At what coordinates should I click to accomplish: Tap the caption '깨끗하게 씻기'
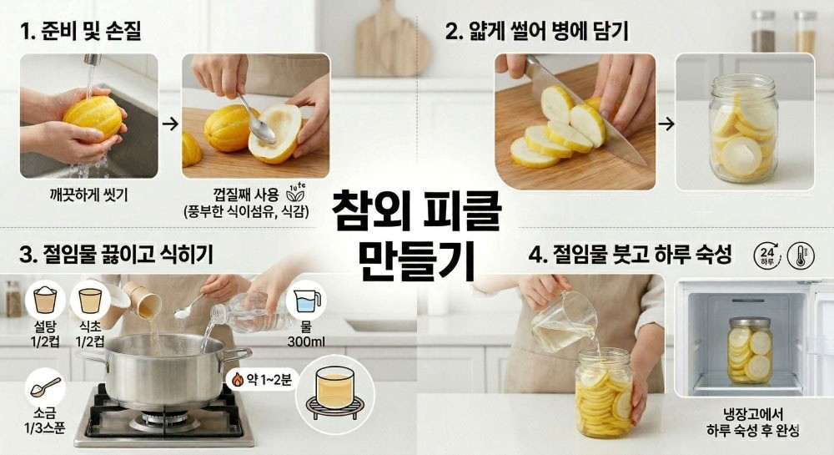pos(88,195)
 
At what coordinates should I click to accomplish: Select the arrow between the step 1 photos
pos(170,124)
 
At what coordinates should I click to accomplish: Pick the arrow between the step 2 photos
pos(666,124)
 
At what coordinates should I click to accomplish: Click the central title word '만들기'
pos(416,260)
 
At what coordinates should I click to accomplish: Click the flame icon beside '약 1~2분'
pos(238,379)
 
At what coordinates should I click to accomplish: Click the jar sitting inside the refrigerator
pos(749,350)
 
